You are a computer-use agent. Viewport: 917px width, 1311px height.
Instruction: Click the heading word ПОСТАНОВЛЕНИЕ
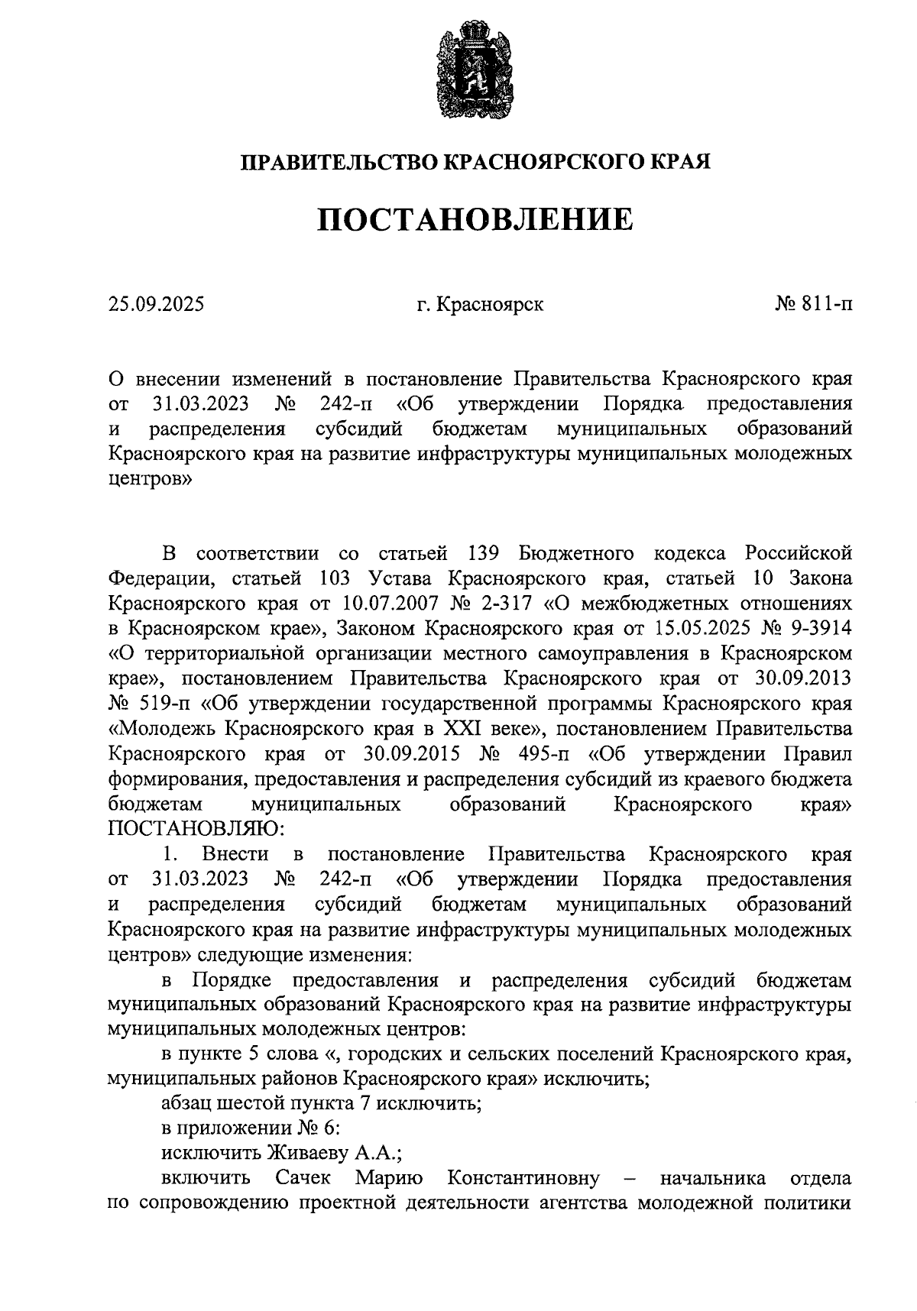[x=475, y=220]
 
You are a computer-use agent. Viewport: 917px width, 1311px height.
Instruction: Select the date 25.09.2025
[x=156, y=305]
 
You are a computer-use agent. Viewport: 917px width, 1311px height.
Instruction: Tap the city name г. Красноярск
[x=480, y=305]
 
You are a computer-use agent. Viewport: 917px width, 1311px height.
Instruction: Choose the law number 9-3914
[x=819, y=628]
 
